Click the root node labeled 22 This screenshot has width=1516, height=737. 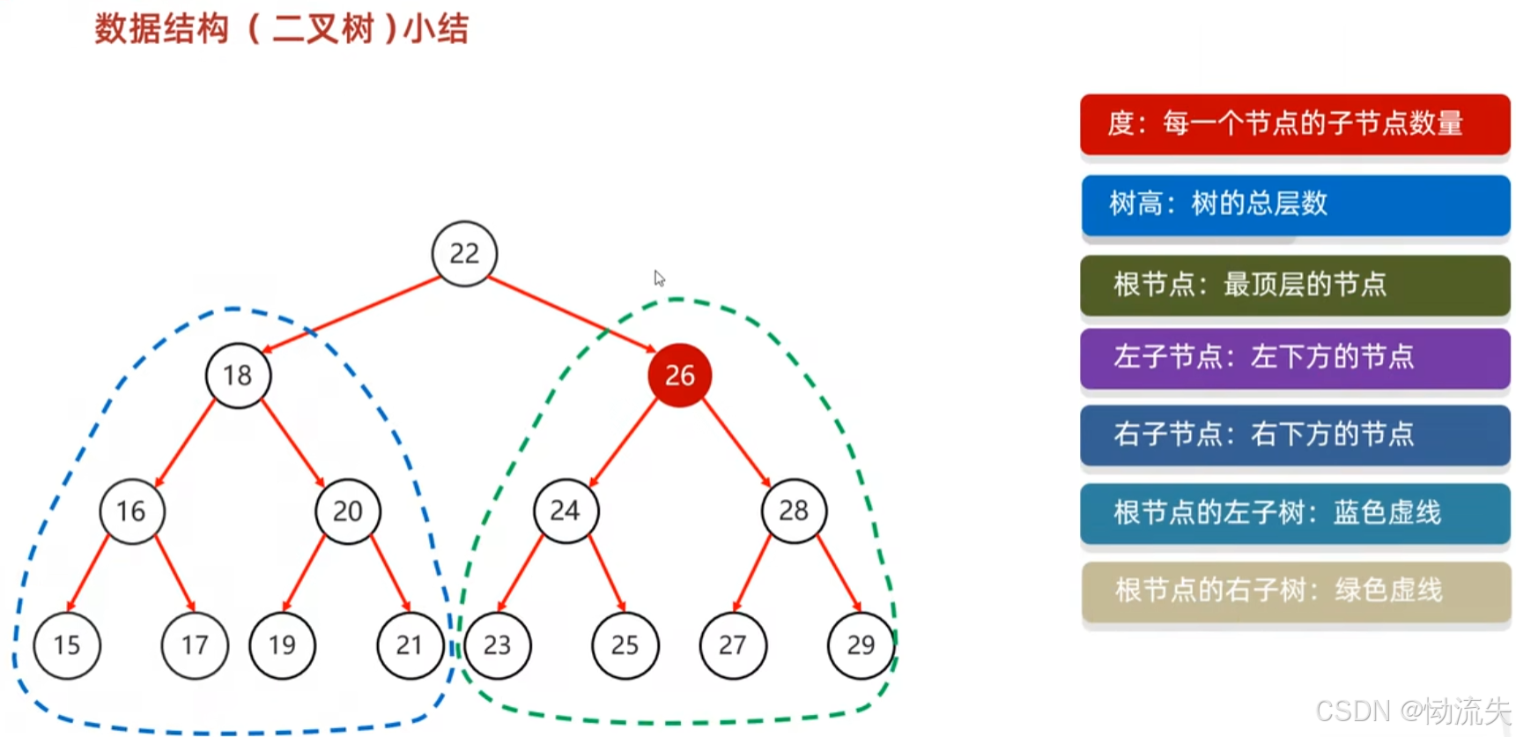[464, 254]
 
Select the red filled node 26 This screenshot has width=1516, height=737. [679, 376]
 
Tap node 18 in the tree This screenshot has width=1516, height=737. [238, 376]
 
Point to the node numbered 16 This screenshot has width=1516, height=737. [131, 511]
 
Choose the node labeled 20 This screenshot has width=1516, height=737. [348, 511]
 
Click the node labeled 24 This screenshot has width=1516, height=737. [566, 511]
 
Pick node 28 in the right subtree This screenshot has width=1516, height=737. [794, 510]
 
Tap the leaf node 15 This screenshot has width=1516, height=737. [67, 645]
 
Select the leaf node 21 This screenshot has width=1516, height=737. [410, 645]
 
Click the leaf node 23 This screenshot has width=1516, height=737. [498, 645]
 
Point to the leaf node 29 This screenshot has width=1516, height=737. [861, 645]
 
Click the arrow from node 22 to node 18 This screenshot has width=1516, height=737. [352, 315]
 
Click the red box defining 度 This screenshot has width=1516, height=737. [1295, 123]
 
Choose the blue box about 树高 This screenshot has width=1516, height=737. [1295, 205]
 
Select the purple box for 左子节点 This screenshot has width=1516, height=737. [1295, 357]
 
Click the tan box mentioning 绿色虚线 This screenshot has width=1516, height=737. [1295, 591]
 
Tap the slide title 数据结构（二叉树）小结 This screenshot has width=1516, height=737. [282, 29]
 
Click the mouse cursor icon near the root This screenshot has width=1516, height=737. [659, 279]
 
